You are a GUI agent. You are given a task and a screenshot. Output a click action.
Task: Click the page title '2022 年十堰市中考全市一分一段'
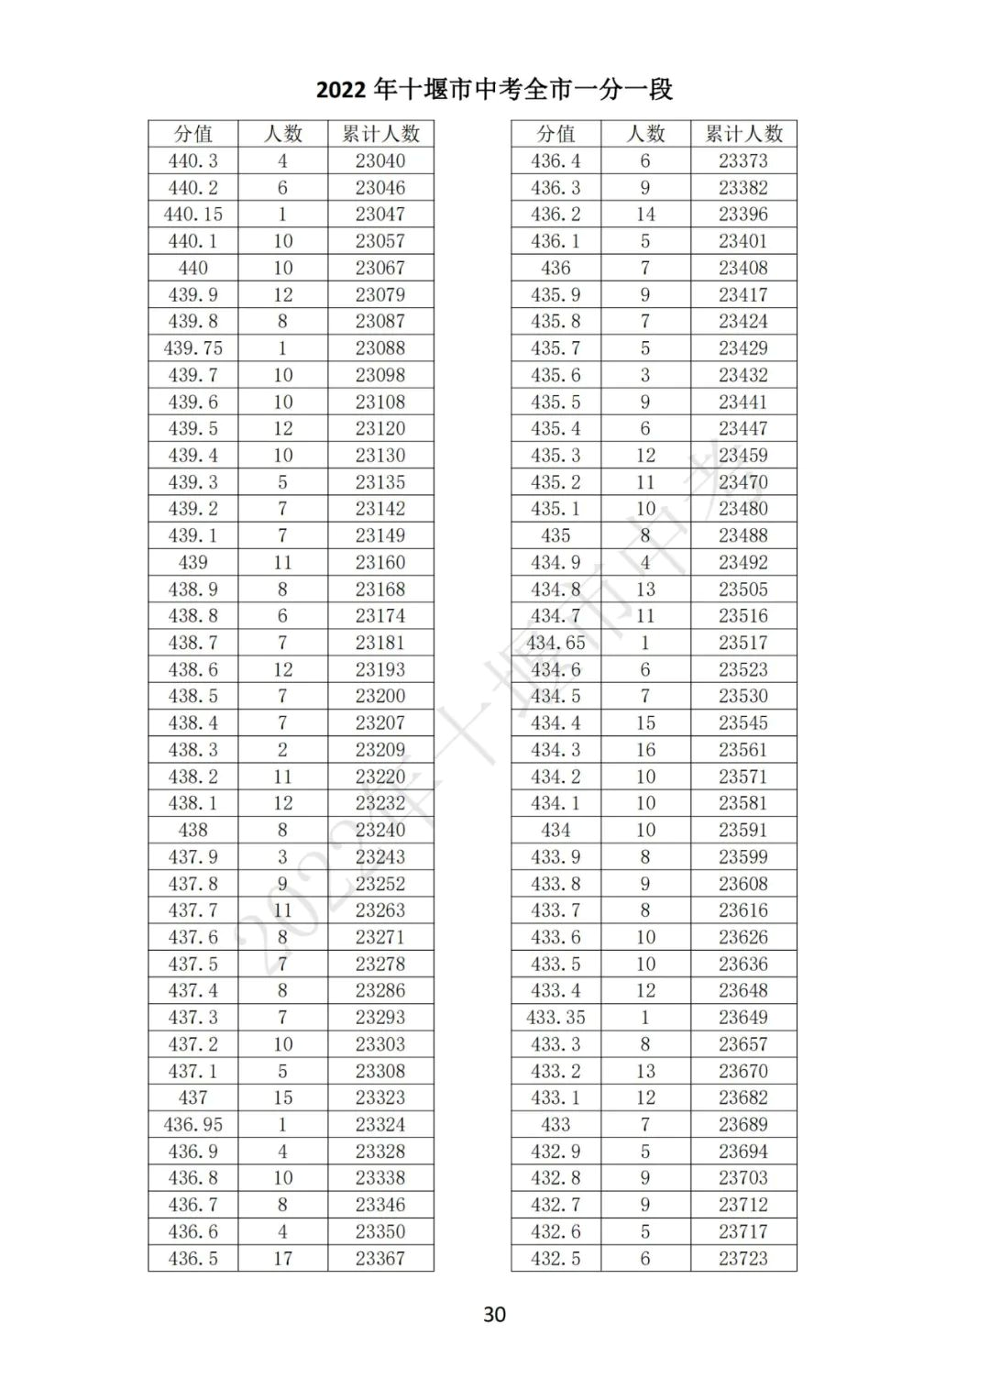(x=494, y=90)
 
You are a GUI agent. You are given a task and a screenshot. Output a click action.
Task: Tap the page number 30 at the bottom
(x=494, y=1314)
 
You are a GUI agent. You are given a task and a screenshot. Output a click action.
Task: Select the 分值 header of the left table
(x=192, y=134)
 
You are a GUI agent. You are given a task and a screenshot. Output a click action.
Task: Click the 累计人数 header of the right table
(x=743, y=134)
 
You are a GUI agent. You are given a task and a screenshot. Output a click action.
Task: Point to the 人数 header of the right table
(x=645, y=134)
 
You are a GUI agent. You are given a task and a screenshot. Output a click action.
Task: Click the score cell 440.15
(x=192, y=215)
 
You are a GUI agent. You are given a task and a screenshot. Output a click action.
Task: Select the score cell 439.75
(x=192, y=348)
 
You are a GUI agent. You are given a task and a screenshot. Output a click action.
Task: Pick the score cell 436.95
(x=192, y=1125)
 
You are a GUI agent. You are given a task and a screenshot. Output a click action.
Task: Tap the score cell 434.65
(x=555, y=643)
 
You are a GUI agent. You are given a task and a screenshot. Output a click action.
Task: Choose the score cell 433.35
(x=555, y=1018)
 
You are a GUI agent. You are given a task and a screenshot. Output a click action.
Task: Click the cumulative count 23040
(x=380, y=161)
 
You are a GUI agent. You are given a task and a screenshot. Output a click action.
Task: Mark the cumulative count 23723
(x=743, y=1259)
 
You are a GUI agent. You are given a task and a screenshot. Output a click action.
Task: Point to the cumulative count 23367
(x=380, y=1259)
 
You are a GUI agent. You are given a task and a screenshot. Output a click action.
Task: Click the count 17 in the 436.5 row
(x=282, y=1259)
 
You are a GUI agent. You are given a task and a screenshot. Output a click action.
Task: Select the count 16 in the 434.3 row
(x=645, y=750)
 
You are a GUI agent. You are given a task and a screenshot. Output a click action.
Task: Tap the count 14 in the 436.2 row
(x=645, y=215)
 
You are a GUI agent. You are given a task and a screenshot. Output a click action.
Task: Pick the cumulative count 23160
(x=380, y=562)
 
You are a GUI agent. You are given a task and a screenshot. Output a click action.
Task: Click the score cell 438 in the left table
(x=192, y=830)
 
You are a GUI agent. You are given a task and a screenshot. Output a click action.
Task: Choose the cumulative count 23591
(x=743, y=830)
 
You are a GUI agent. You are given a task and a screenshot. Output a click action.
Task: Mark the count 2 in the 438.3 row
(x=282, y=750)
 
